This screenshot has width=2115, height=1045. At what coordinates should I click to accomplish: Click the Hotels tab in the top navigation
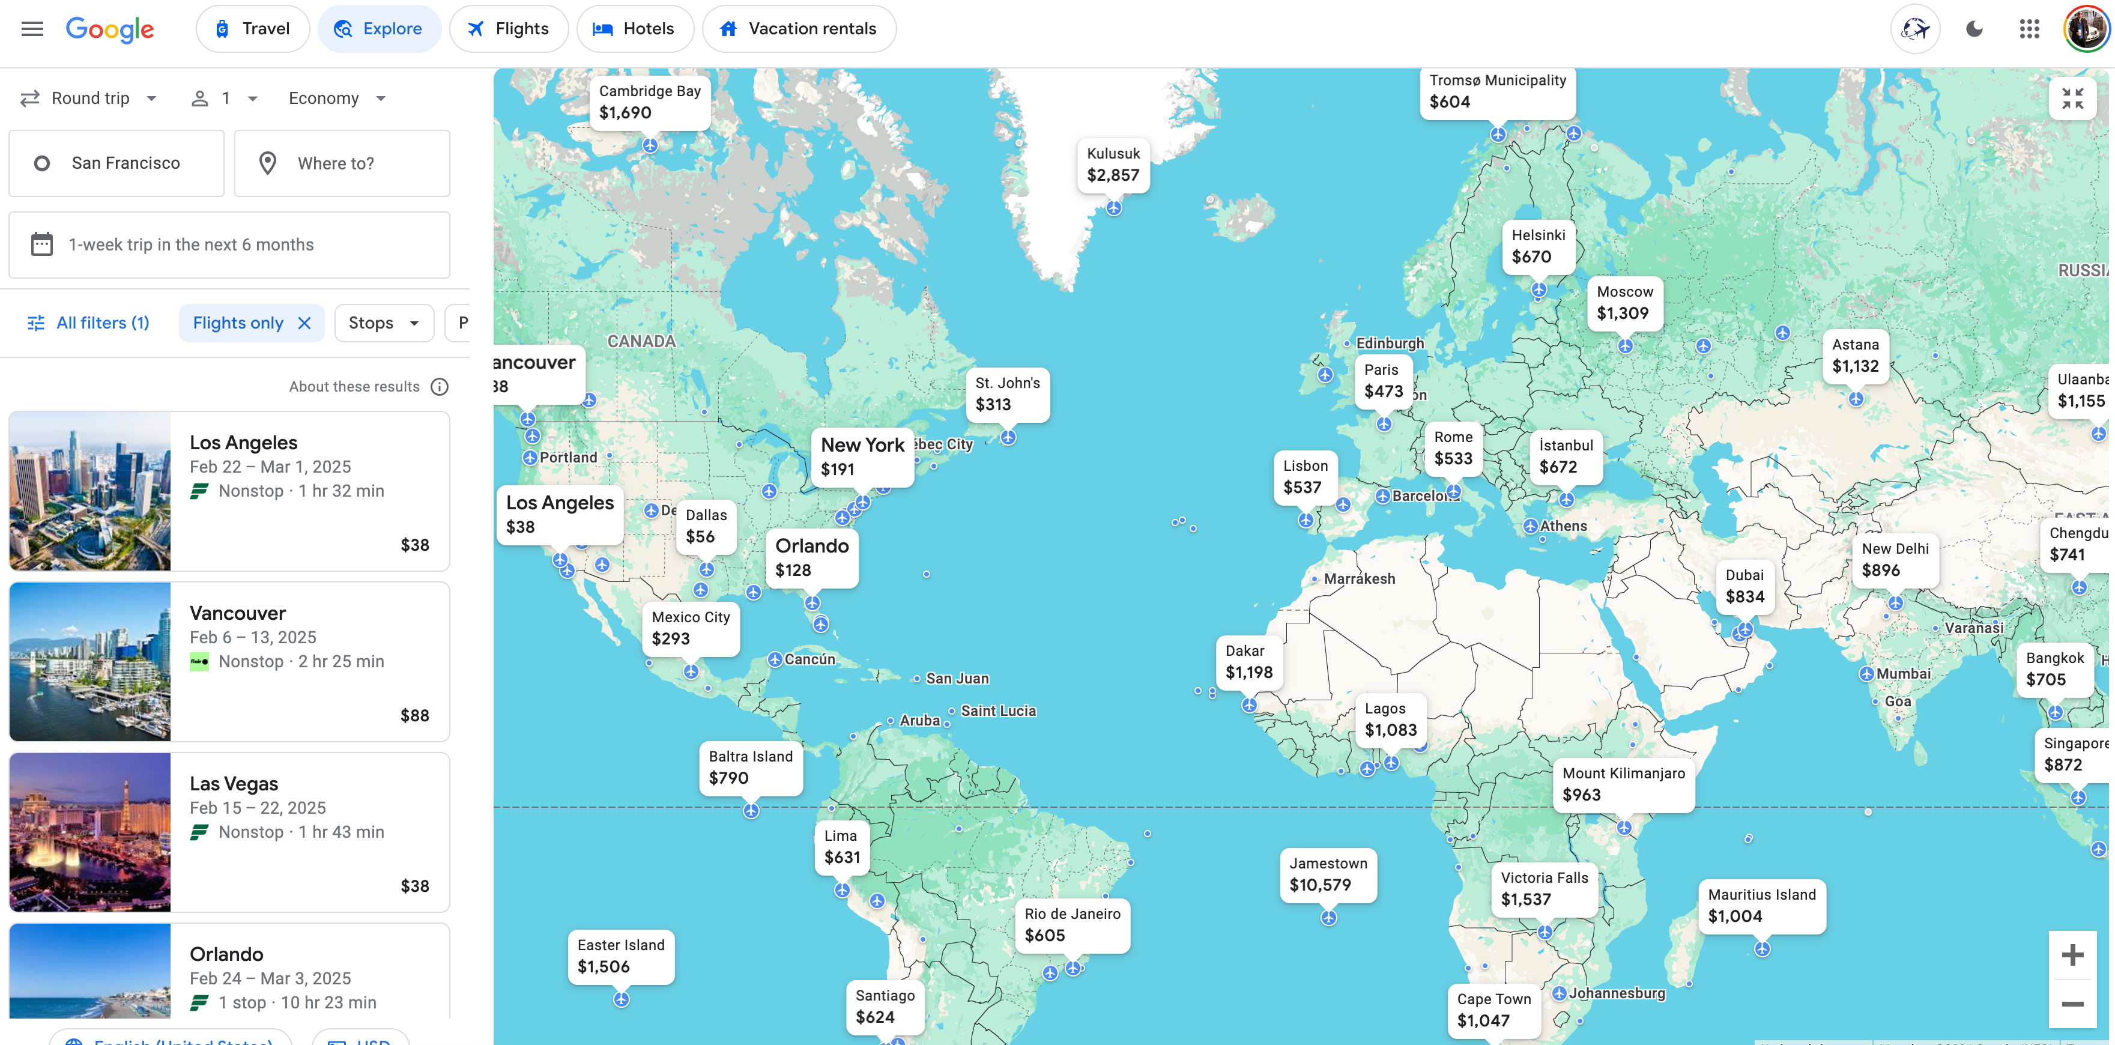point(634,29)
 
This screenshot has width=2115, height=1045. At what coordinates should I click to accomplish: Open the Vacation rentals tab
point(798,29)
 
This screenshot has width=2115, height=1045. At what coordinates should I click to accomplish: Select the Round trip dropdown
point(89,98)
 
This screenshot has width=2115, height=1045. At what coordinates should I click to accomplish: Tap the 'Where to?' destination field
point(342,163)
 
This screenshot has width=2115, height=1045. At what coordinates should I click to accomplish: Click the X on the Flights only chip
point(304,324)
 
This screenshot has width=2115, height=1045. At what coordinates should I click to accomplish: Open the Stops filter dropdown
point(383,324)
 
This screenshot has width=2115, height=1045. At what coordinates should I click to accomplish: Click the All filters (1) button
point(89,324)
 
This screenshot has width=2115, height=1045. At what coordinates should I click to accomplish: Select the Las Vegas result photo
point(90,832)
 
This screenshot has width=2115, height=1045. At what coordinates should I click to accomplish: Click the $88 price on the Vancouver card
point(414,715)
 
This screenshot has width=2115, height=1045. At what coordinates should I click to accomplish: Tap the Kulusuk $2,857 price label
point(1113,164)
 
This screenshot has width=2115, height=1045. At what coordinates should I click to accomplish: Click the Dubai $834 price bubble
point(1744,586)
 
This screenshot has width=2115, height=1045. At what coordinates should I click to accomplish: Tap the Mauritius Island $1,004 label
point(1761,906)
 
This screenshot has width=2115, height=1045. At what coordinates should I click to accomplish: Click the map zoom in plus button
point(2072,955)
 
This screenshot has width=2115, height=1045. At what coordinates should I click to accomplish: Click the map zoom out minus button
point(2072,1004)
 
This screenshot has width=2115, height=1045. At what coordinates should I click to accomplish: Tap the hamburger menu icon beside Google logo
point(32,29)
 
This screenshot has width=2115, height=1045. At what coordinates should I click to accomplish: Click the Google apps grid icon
point(2029,29)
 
